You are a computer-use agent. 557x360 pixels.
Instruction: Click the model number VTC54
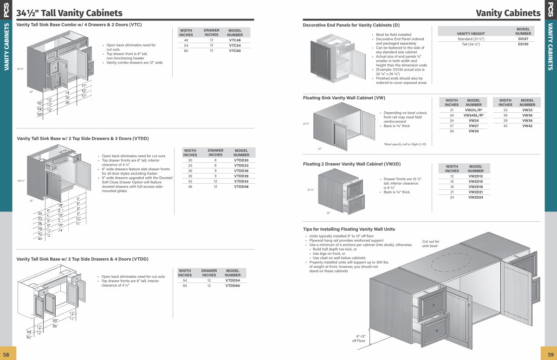click(235, 45)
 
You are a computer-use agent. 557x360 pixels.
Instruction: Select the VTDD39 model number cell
click(241, 176)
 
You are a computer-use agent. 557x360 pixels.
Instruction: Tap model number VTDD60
click(233, 286)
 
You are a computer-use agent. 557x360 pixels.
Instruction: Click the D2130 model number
click(523, 44)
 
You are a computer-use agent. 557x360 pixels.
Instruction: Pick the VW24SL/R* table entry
click(473, 115)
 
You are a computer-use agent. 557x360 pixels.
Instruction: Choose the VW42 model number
click(527, 126)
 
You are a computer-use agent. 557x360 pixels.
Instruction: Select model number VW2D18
click(476, 186)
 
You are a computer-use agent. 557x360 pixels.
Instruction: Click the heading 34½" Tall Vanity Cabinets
click(70, 13)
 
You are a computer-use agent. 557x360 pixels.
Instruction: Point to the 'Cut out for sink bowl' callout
click(431, 244)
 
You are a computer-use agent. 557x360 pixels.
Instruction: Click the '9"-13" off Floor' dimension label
click(359, 338)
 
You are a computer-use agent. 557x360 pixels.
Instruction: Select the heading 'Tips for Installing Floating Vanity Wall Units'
click(349, 229)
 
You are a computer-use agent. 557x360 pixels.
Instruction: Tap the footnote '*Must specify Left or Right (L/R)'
click(404, 144)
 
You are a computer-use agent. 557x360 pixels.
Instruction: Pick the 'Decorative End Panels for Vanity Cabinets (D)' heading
click(351, 25)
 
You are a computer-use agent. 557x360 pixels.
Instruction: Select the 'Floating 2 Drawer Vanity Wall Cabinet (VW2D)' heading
click(351, 164)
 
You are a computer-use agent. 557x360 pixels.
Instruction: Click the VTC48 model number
click(235, 40)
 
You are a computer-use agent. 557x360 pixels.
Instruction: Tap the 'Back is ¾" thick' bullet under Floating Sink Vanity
click(397, 126)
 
